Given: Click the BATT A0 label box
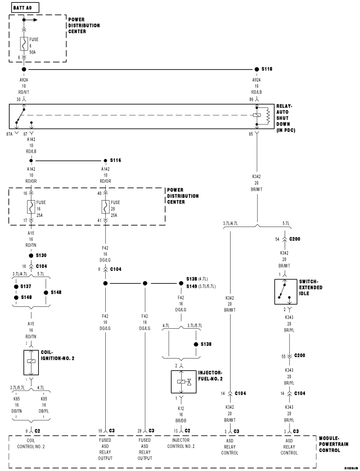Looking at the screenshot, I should click(22, 6).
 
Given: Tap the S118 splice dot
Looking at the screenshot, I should click(256, 70).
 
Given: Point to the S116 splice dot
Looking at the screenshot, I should click(105, 160).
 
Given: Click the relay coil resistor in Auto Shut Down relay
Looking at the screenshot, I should click(260, 115).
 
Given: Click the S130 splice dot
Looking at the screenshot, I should click(24, 256).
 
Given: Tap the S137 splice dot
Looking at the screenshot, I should click(15, 286).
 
